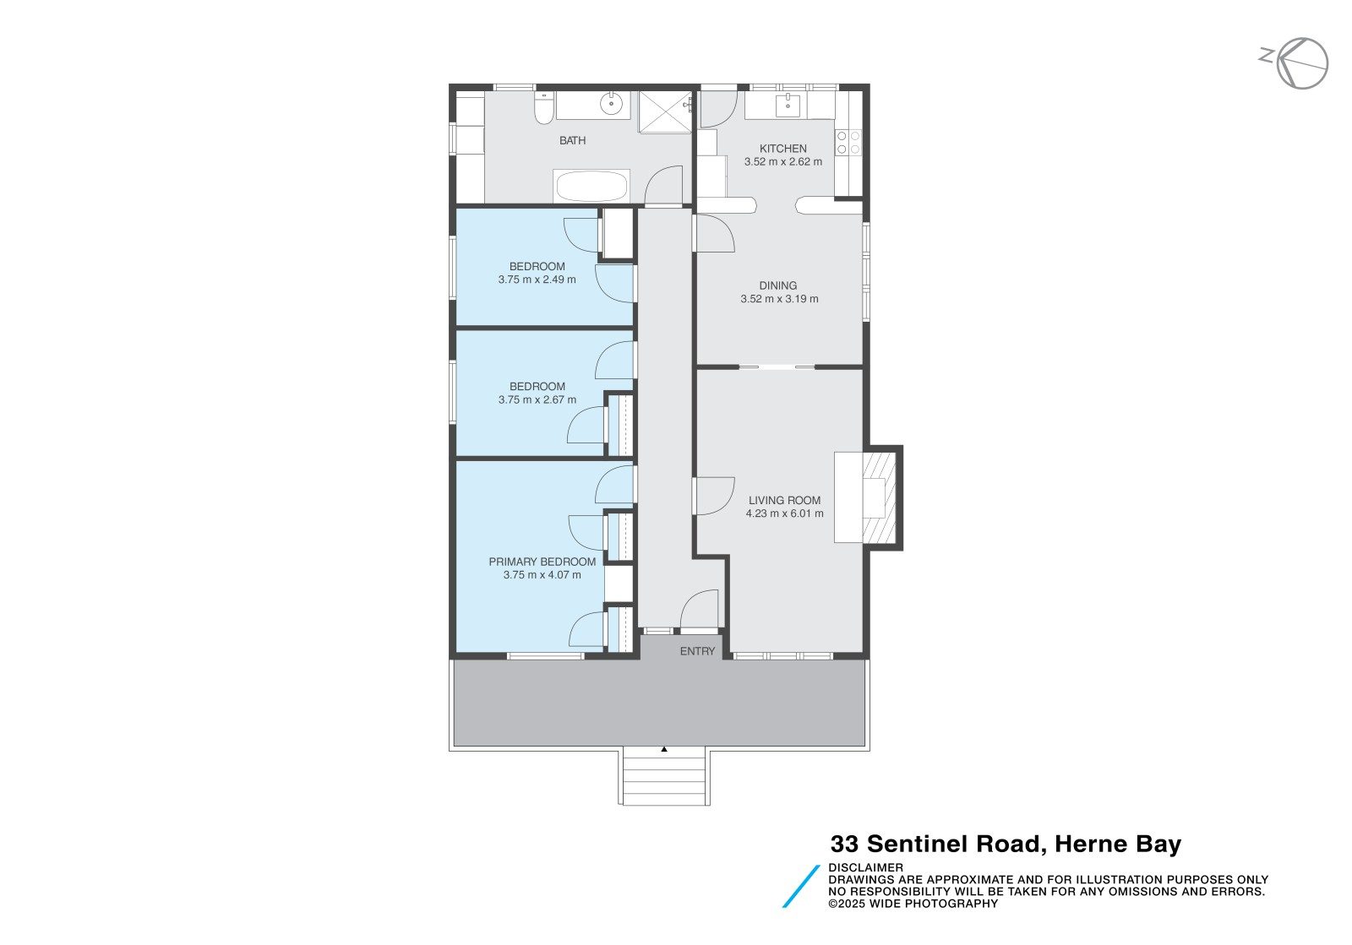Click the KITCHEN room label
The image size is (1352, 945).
tap(782, 149)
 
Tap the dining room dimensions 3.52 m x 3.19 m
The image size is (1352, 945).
tap(779, 299)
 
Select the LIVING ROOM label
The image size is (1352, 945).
tap(784, 500)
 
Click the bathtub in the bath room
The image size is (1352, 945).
tap(591, 186)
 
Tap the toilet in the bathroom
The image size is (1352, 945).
tap(543, 108)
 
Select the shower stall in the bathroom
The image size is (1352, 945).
tap(664, 111)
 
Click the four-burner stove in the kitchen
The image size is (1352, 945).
tap(848, 143)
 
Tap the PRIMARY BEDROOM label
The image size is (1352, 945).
tap(542, 562)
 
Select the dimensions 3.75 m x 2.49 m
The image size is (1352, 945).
tap(537, 280)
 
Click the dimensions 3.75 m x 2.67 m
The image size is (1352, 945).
tap(537, 400)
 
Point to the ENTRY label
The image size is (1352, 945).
tap(697, 651)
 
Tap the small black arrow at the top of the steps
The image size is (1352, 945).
tap(664, 749)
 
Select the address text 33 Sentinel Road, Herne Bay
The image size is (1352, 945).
tap(1005, 844)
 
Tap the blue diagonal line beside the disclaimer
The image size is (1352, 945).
tap(801, 886)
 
